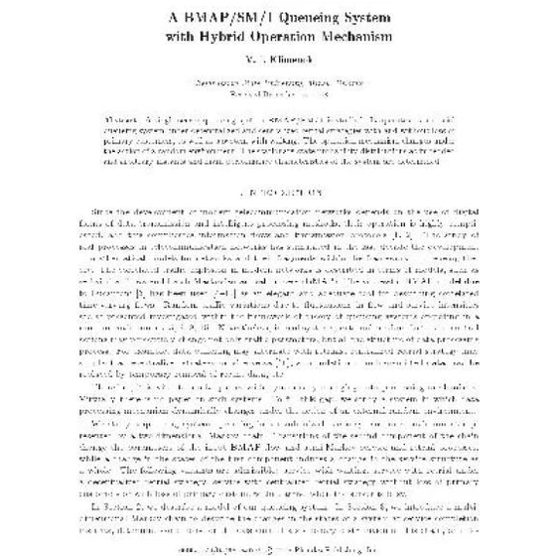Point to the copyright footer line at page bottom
[278, 544]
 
